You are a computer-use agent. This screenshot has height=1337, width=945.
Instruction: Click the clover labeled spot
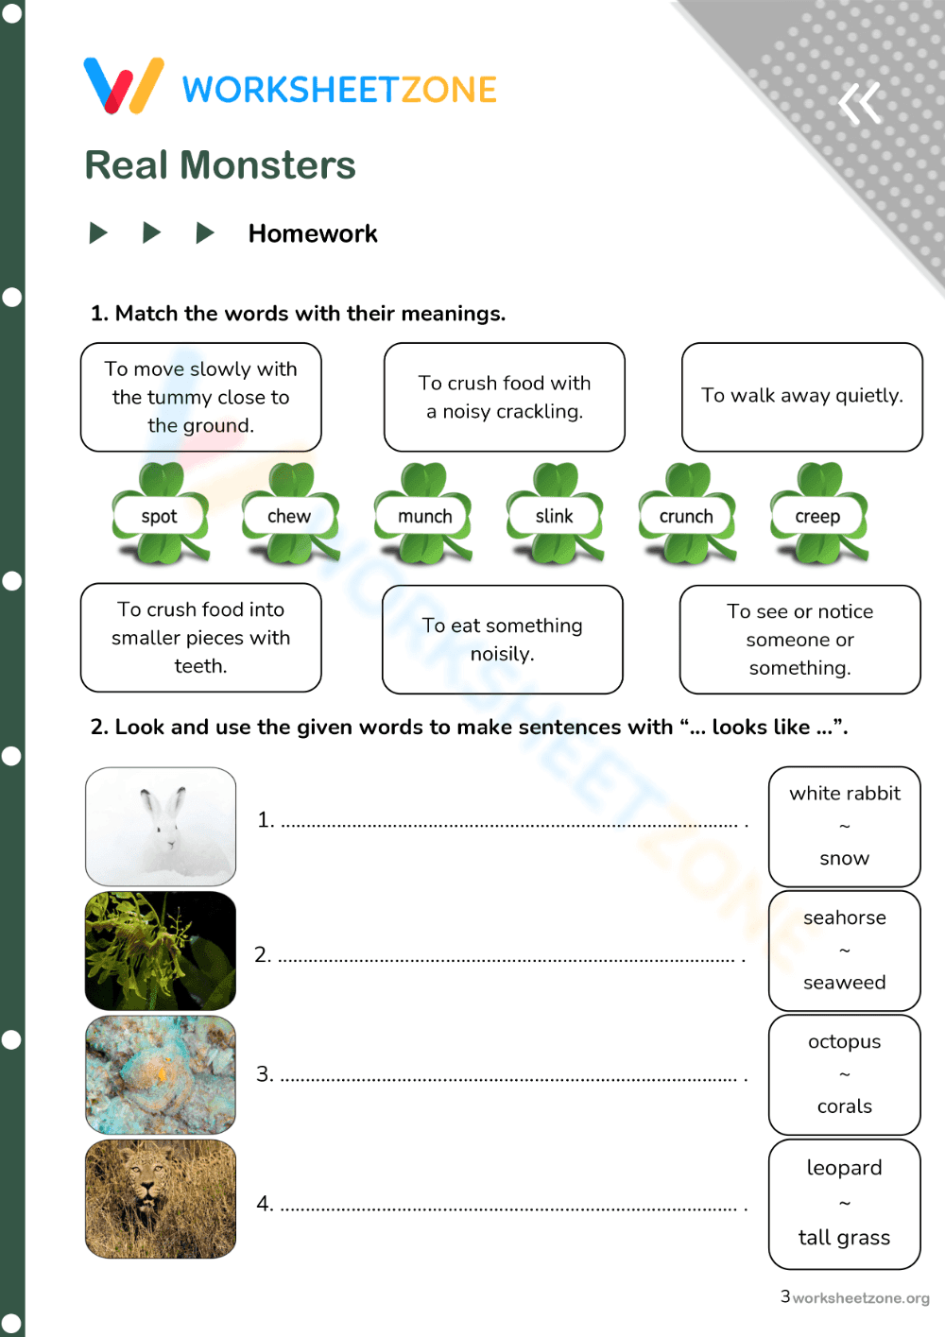pos(160,515)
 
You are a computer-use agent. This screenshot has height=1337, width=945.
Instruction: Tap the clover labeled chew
pos(289,515)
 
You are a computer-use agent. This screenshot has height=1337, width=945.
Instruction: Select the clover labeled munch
pos(424,515)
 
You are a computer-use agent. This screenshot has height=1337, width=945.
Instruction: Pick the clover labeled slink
pos(555,515)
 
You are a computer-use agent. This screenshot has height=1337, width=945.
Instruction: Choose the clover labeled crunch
pos(686,515)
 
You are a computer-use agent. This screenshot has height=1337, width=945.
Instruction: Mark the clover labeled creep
pos(817,515)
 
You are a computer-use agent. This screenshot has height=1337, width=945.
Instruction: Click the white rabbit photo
pos(161,826)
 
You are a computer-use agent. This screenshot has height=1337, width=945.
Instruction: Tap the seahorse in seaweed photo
pos(161,951)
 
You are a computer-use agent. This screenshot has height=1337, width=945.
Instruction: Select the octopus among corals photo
pos(161,1075)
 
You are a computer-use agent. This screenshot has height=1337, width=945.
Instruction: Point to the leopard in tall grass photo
pos(161,1199)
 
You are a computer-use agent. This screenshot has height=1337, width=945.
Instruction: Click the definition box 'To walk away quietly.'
pos(801,396)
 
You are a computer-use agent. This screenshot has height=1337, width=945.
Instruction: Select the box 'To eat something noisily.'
pos(502,640)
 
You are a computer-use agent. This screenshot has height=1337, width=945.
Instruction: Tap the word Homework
pos(313,233)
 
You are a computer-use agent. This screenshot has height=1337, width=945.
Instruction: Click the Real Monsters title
pos(220,165)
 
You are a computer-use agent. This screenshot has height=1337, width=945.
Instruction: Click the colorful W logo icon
pos(124,86)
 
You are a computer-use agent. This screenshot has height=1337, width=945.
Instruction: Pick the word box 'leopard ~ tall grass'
pos(844,1204)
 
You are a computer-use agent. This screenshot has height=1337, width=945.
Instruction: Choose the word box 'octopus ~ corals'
pos(844,1074)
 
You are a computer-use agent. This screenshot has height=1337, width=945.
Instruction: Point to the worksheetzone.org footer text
pos(860,1298)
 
